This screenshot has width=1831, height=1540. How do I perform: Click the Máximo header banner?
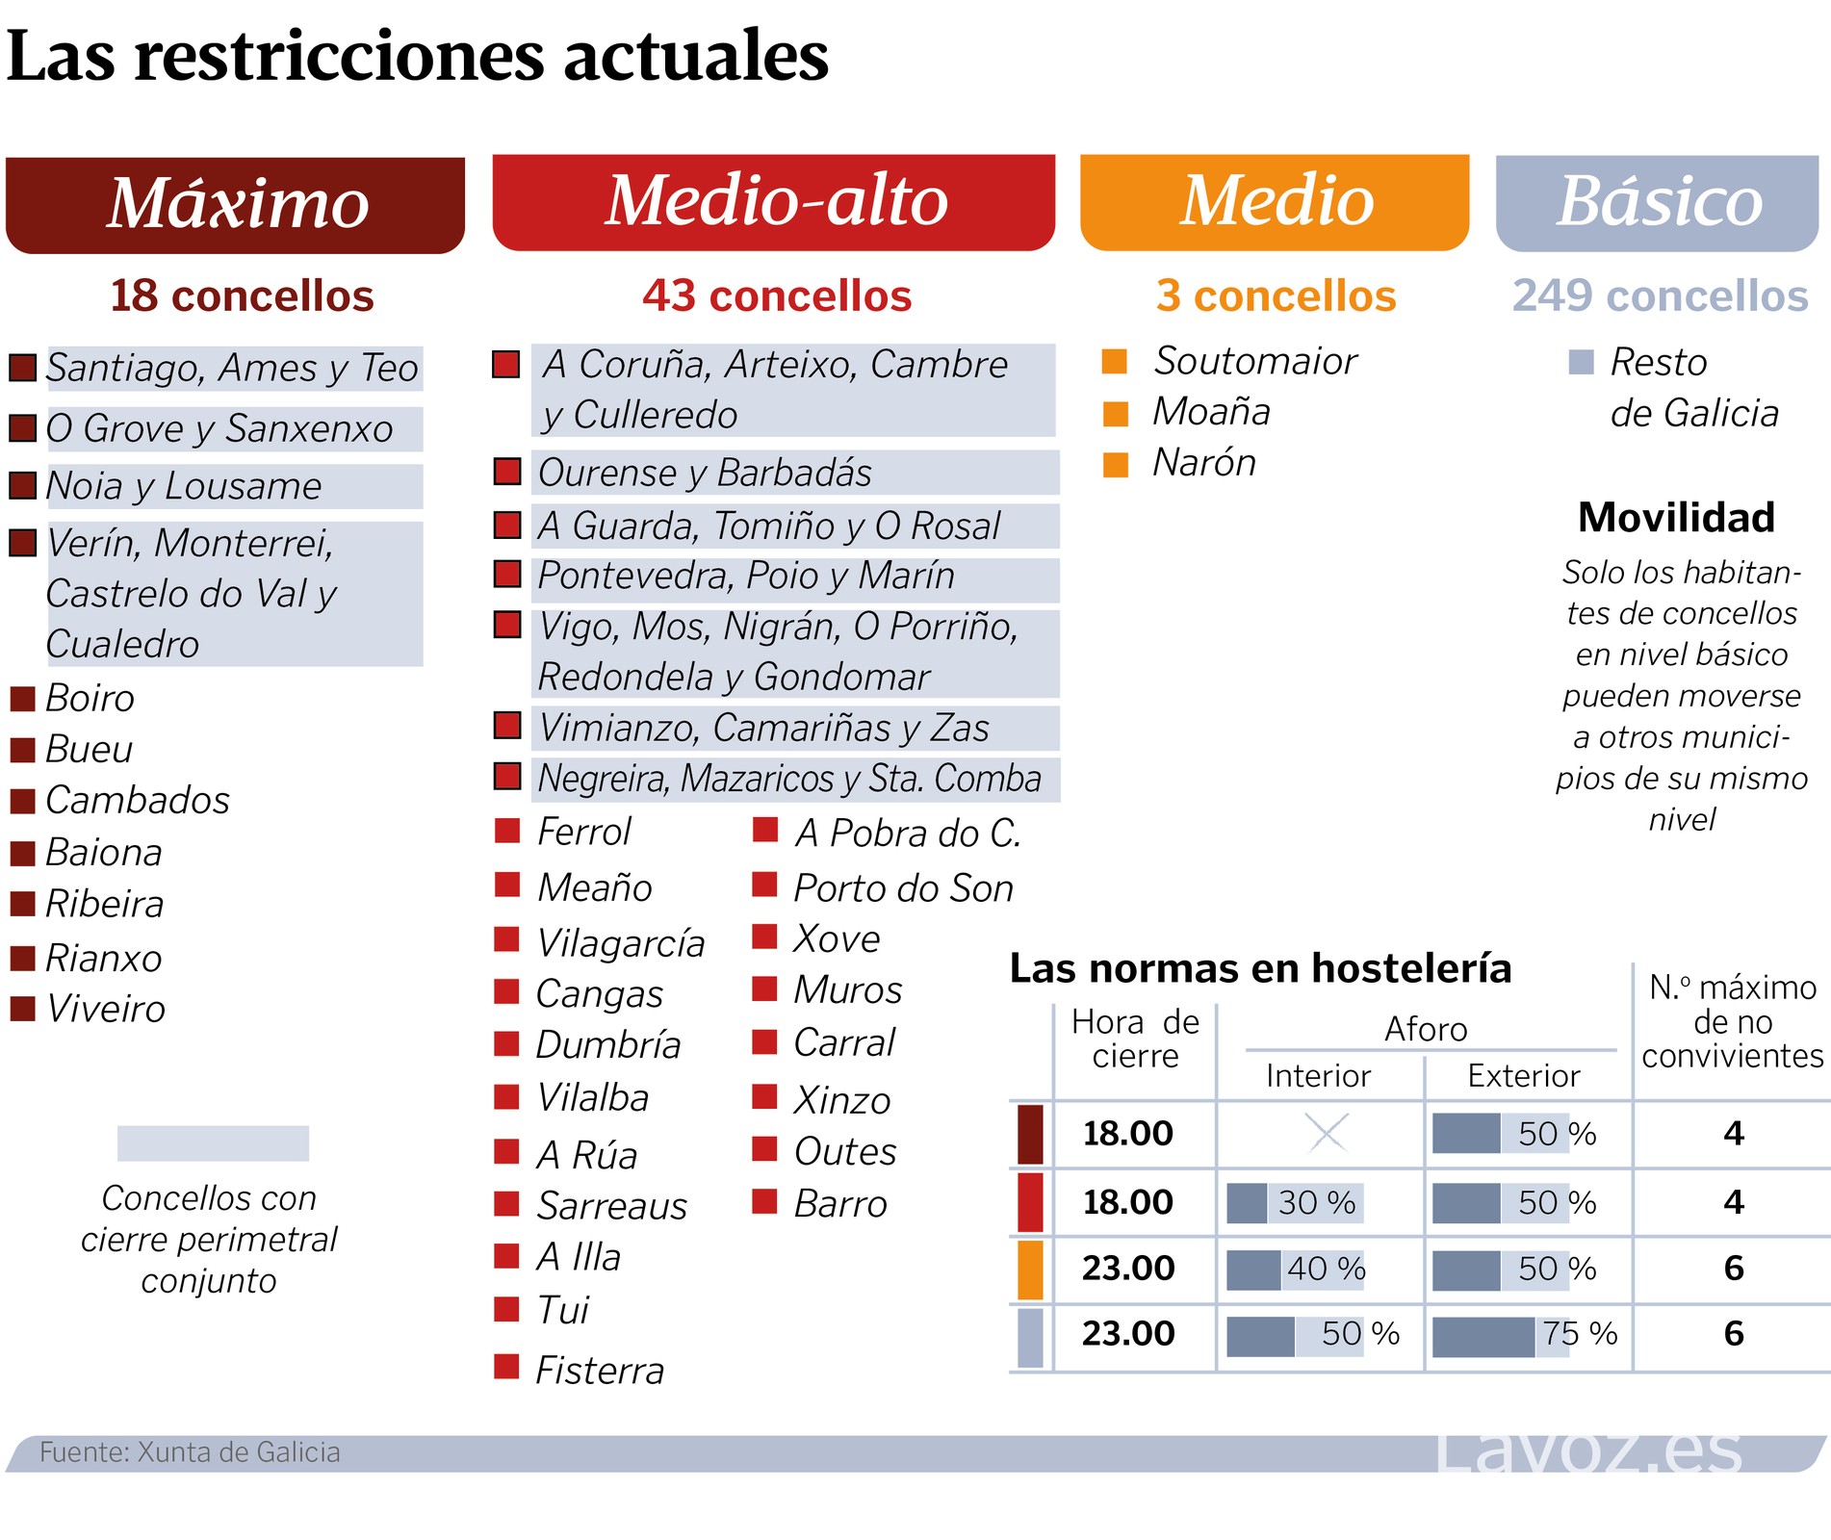235,204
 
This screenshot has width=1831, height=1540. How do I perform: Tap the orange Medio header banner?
1275,202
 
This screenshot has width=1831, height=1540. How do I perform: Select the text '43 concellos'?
776,295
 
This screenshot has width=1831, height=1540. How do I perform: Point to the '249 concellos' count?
1660,295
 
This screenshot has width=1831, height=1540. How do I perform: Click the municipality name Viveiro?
106,1009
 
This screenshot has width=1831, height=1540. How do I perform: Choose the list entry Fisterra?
599,1371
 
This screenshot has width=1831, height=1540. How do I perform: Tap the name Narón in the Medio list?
1204,463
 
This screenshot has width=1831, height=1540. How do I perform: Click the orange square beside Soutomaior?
1115,361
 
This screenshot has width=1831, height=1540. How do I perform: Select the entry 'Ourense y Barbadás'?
705,473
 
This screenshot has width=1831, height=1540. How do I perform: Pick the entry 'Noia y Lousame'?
184,486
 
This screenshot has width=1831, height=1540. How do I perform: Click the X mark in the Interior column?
1327,1133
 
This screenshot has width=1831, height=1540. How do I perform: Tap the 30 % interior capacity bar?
1294,1202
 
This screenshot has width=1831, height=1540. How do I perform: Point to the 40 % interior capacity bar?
1296,1269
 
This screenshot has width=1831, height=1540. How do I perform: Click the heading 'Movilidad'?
1676,518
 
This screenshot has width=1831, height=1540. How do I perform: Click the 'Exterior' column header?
1523,1075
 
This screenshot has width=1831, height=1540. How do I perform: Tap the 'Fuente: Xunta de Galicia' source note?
190,1452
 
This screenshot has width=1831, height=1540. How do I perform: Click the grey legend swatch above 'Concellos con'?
213,1142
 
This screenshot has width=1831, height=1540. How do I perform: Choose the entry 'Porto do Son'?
903,888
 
